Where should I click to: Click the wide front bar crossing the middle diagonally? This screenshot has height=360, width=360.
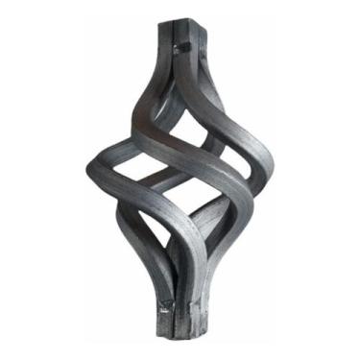tap(192, 163)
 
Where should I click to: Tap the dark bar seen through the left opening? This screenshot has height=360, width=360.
tap(130, 173)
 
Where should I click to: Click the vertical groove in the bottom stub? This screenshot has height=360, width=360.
tap(182, 322)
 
